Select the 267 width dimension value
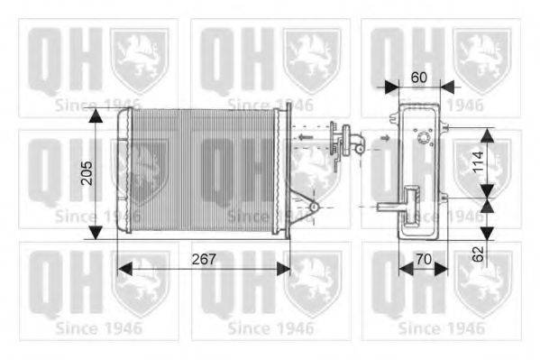pos(204,259)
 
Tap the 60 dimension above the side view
pos(418,78)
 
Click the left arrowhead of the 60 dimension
pos(390,87)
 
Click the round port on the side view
pos(421,138)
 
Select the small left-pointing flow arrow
pos(304,138)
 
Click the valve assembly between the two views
pos(342,142)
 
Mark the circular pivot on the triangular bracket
pos(314,208)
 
